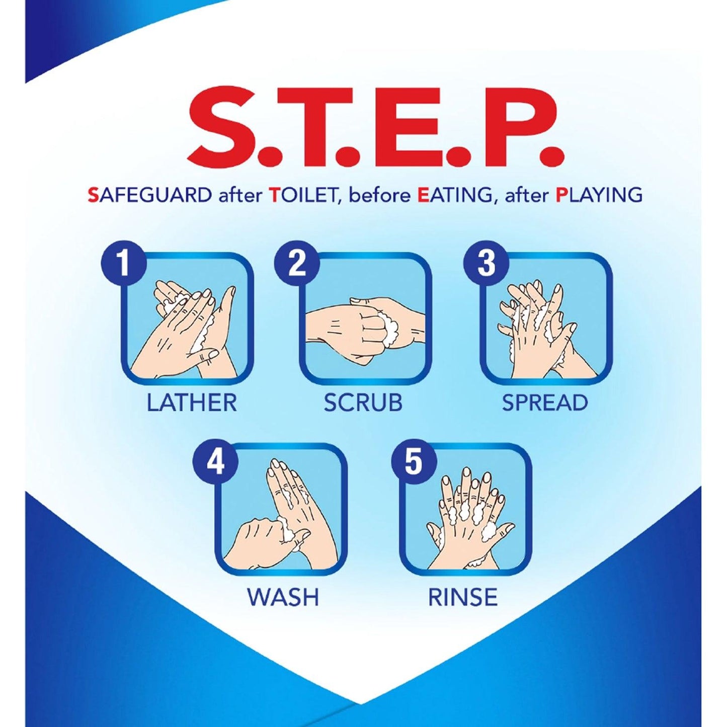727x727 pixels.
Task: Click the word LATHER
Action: tap(192, 402)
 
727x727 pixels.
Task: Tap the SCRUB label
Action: tap(363, 402)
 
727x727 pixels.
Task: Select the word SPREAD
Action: tap(545, 402)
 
